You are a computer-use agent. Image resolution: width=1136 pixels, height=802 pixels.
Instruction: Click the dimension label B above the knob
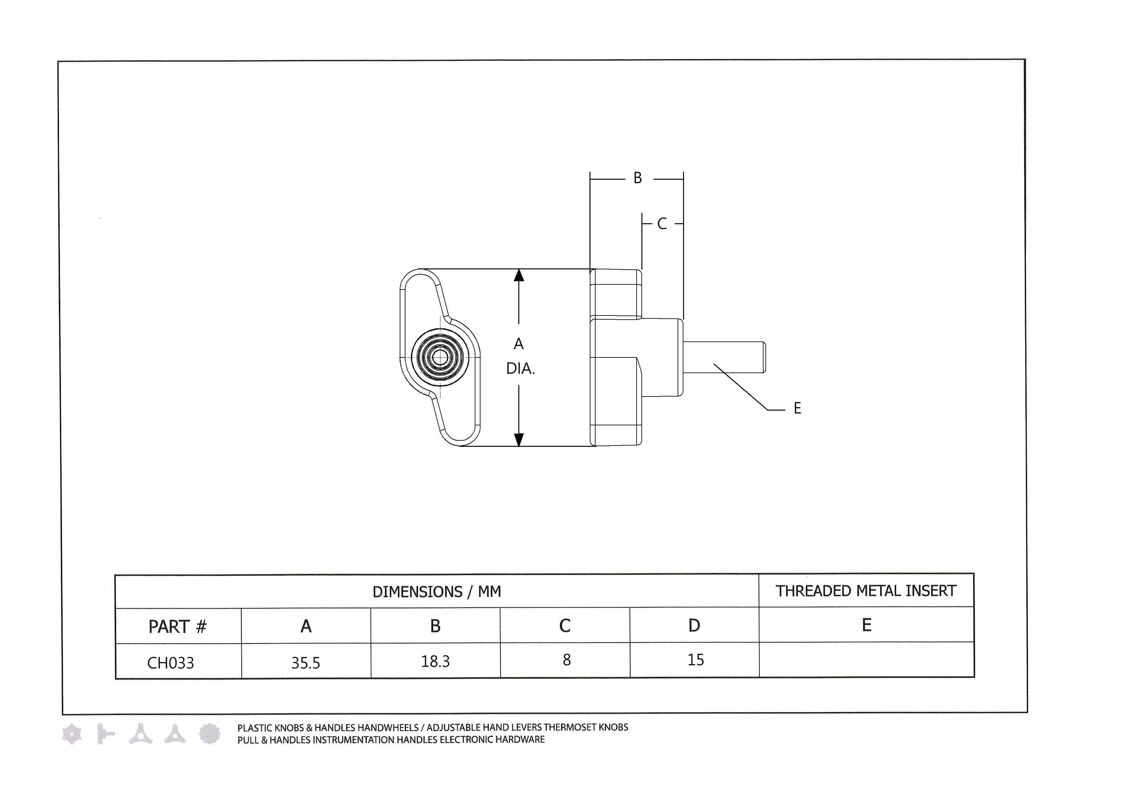pos(638,178)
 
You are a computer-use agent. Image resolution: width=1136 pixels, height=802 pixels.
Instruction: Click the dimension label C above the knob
pos(662,224)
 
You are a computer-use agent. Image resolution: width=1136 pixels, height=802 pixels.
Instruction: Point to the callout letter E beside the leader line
pos(797,408)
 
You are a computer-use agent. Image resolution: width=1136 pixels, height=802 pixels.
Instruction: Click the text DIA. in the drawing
pos(521,369)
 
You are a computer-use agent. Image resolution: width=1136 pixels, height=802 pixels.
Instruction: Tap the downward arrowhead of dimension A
pos(519,439)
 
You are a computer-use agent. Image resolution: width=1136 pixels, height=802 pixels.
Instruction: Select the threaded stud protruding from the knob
pos(724,357)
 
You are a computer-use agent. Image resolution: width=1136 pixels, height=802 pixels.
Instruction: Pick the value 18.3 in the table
pos(435,661)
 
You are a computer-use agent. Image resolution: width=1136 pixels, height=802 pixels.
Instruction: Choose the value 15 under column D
pos(695,659)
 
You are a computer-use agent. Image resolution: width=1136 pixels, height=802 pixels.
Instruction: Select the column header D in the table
pos(694,626)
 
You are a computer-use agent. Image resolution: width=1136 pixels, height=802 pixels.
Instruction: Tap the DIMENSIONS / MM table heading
pos(437,592)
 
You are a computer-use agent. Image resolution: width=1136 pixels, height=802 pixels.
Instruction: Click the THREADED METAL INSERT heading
pos(866,591)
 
